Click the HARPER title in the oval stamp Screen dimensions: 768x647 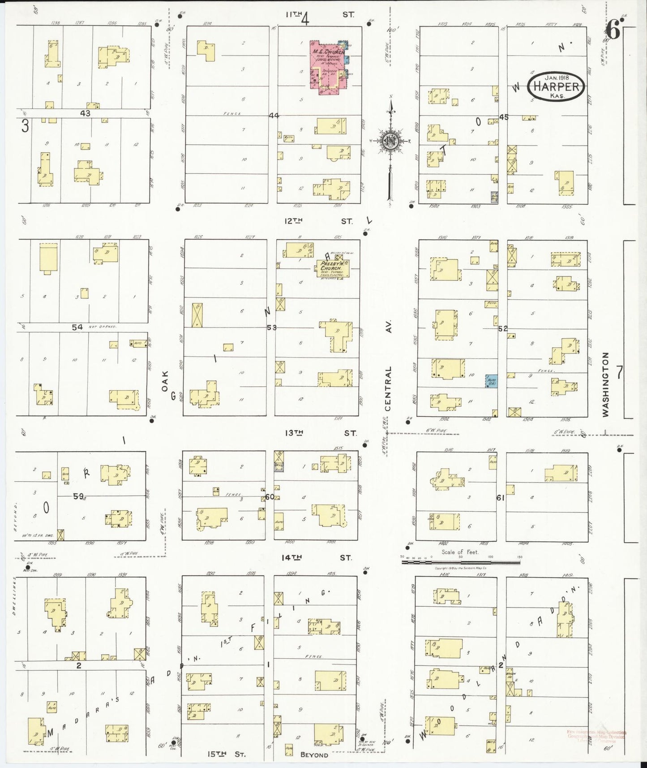coord(557,87)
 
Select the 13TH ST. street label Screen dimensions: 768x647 coord(320,433)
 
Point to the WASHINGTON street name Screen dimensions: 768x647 coord(605,384)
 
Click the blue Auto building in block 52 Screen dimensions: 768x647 coord(491,381)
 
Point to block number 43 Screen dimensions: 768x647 coord(85,114)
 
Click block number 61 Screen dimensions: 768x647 coord(500,497)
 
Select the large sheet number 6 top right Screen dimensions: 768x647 coord(613,31)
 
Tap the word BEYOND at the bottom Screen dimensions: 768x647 coord(314,755)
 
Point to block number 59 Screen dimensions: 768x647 coord(79,496)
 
